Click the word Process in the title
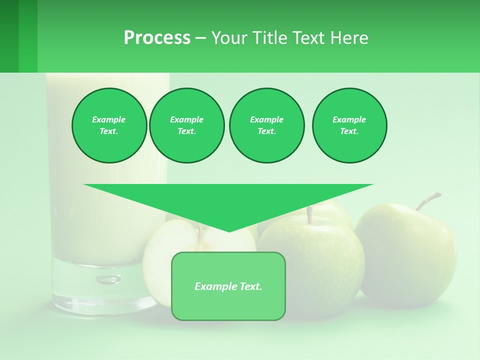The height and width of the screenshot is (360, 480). tap(157, 38)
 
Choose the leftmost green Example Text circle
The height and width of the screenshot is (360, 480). tap(109, 125)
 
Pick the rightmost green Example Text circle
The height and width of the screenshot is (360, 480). tap(349, 125)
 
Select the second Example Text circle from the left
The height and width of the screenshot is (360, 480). tap(186, 125)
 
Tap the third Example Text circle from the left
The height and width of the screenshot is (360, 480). tap(266, 125)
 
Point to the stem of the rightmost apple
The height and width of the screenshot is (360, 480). tap(427, 200)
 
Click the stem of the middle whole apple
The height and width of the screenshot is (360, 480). tap(310, 215)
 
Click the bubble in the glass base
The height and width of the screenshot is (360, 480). tap(108, 279)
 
